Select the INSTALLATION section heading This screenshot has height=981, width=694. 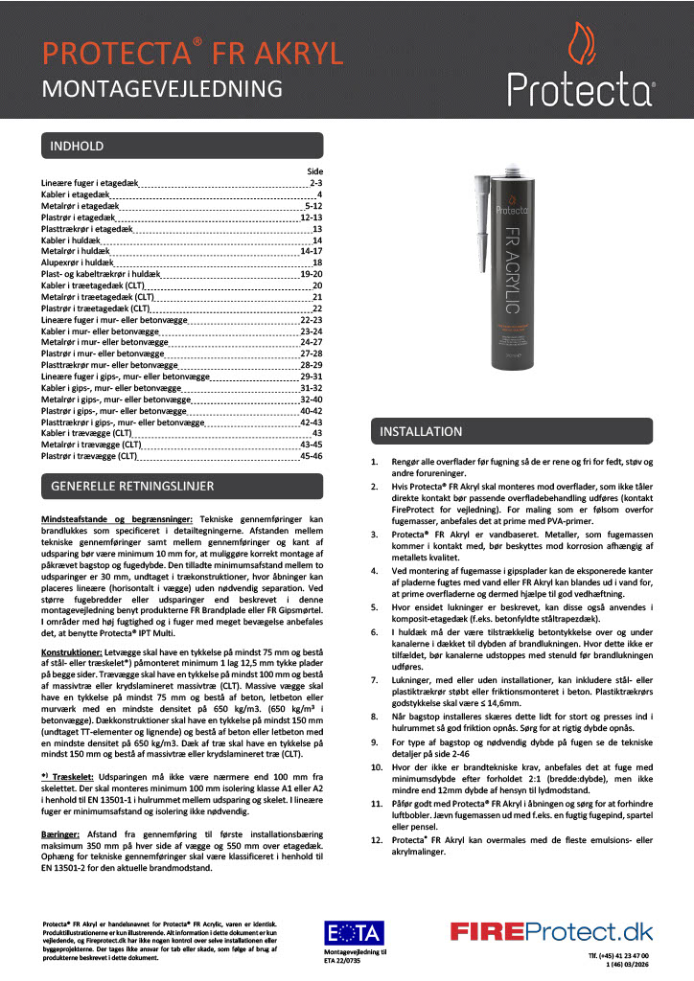pyautogui.click(x=421, y=432)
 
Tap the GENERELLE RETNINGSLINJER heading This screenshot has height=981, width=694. pyautogui.click(x=125, y=488)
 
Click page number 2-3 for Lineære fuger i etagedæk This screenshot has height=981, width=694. pyautogui.click(x=315, y=182)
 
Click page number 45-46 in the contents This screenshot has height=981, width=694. pyautogui.click(x=311, y=457)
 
